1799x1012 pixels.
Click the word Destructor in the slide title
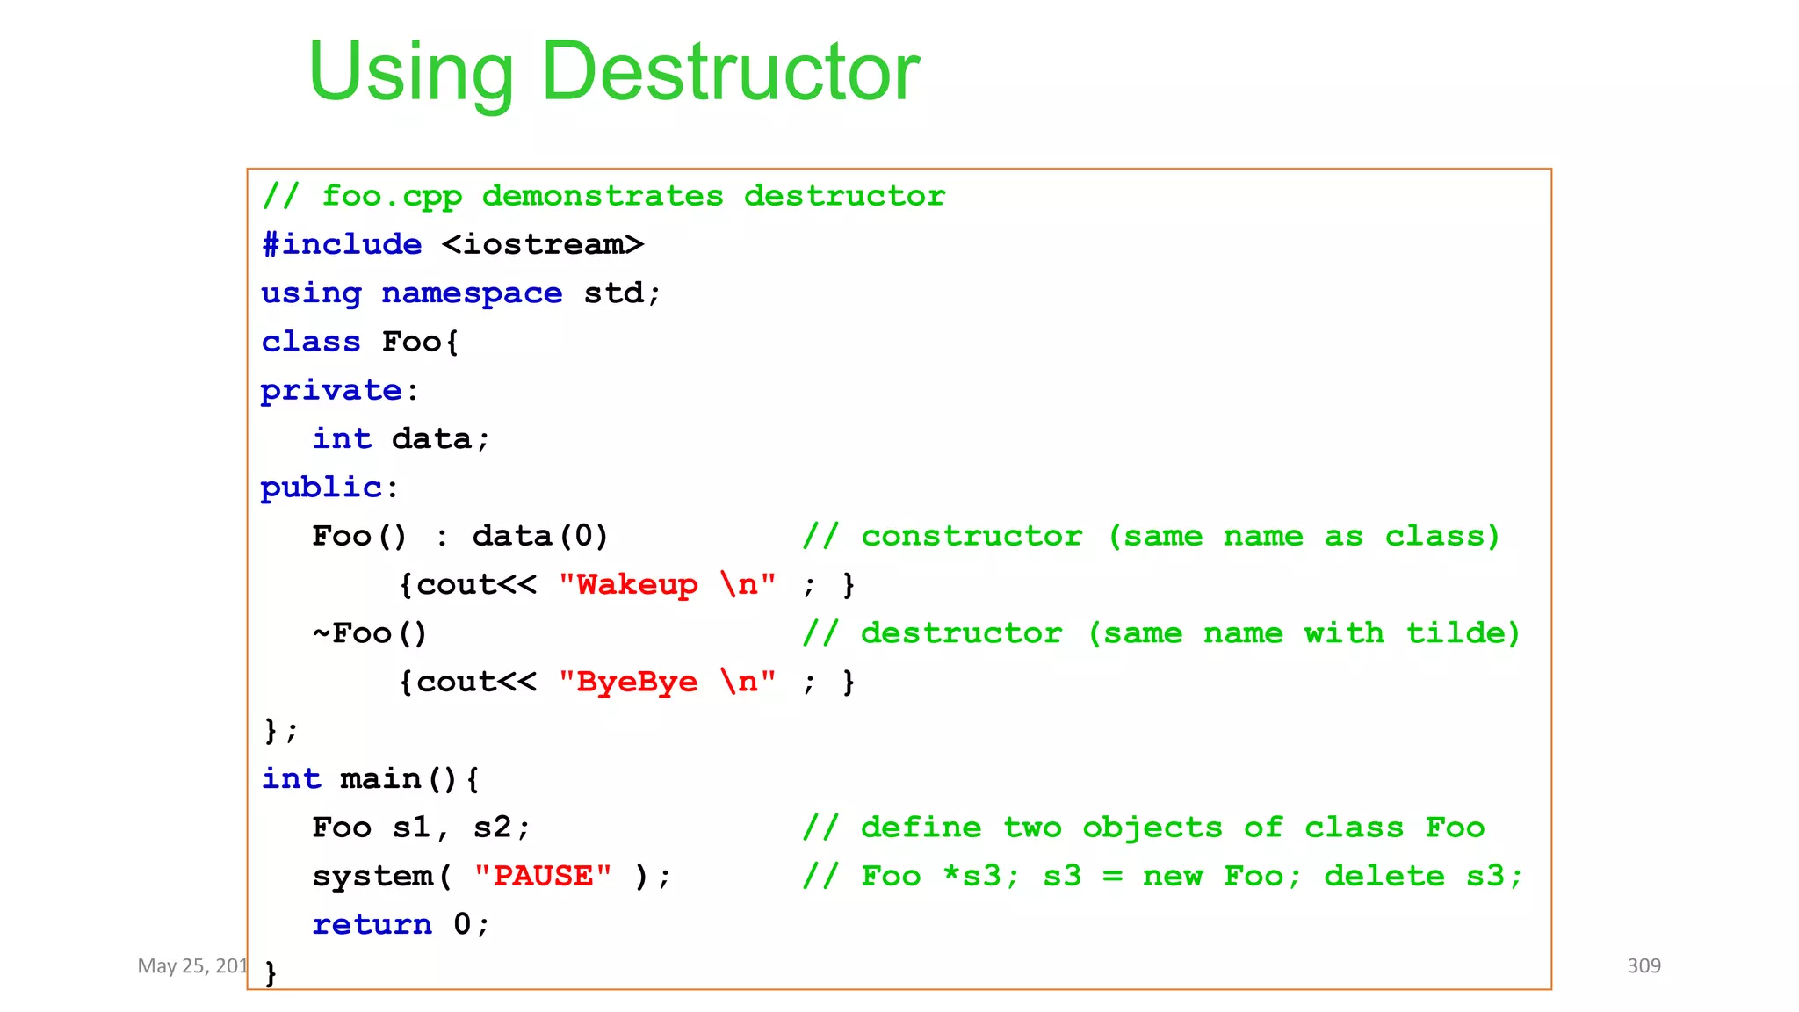[731, 72]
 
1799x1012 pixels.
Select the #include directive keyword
[342, 244]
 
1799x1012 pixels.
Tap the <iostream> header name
[543, 244]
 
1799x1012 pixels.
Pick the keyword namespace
[472, 293]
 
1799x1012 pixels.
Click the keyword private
[331, 390]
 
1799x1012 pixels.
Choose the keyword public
[322, 488]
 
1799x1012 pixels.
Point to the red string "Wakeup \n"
[668, 584]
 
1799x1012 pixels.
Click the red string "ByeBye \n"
[668, 682]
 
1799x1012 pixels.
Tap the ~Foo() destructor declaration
[370, 633]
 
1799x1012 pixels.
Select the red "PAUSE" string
[543, 876]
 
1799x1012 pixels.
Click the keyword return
[372, 924]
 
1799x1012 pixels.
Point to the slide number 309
[1644, 965]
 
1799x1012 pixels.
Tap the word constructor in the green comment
[972, 536]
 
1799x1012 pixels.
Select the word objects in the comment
[1152, 828]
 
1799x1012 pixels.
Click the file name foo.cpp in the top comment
[392, 196]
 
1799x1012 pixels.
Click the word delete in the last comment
[1384, 876]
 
